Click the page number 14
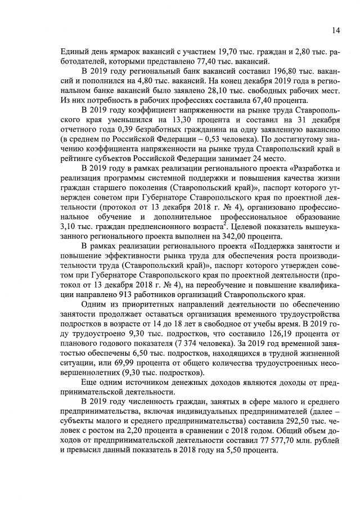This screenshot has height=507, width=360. tap(335, 30)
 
